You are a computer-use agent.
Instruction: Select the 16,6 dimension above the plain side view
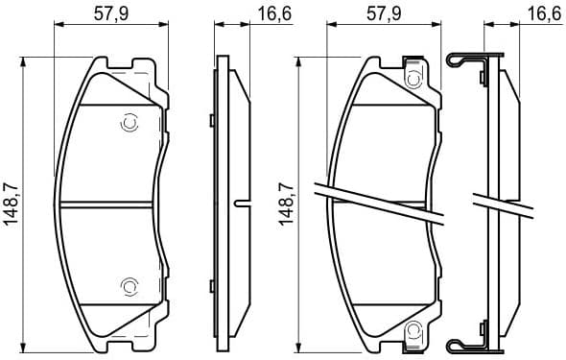(x=266, y=12)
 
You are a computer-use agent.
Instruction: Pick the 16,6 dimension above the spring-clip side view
(x=542, y=12)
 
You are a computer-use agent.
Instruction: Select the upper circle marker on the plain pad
(x=130, y=123)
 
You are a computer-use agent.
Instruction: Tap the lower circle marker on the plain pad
(x=130, y=285)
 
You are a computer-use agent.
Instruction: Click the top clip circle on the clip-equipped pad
(x=414, y=76)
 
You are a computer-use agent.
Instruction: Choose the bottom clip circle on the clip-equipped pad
(x=414, y=331)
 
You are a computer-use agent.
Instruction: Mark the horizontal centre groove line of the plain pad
(x=107, y=204)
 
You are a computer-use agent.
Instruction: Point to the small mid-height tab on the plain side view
(x=241, y=203)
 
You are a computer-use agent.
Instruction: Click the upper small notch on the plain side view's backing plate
(x=210, y=120)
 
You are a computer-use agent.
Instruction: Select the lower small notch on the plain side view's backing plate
(x=210, y=285)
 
